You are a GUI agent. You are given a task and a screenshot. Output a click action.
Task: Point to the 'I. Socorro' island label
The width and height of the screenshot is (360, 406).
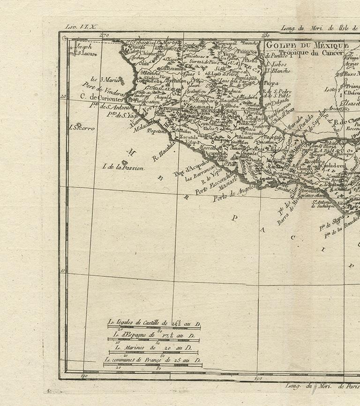tap(82, 127)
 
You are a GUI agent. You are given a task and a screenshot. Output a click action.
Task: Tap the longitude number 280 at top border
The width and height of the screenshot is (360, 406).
tap(266, 35)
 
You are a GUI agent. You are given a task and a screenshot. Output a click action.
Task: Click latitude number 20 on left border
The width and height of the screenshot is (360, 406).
tap(63, 96)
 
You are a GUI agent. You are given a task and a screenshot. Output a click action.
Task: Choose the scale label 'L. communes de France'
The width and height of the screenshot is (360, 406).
tap(152, 360)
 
